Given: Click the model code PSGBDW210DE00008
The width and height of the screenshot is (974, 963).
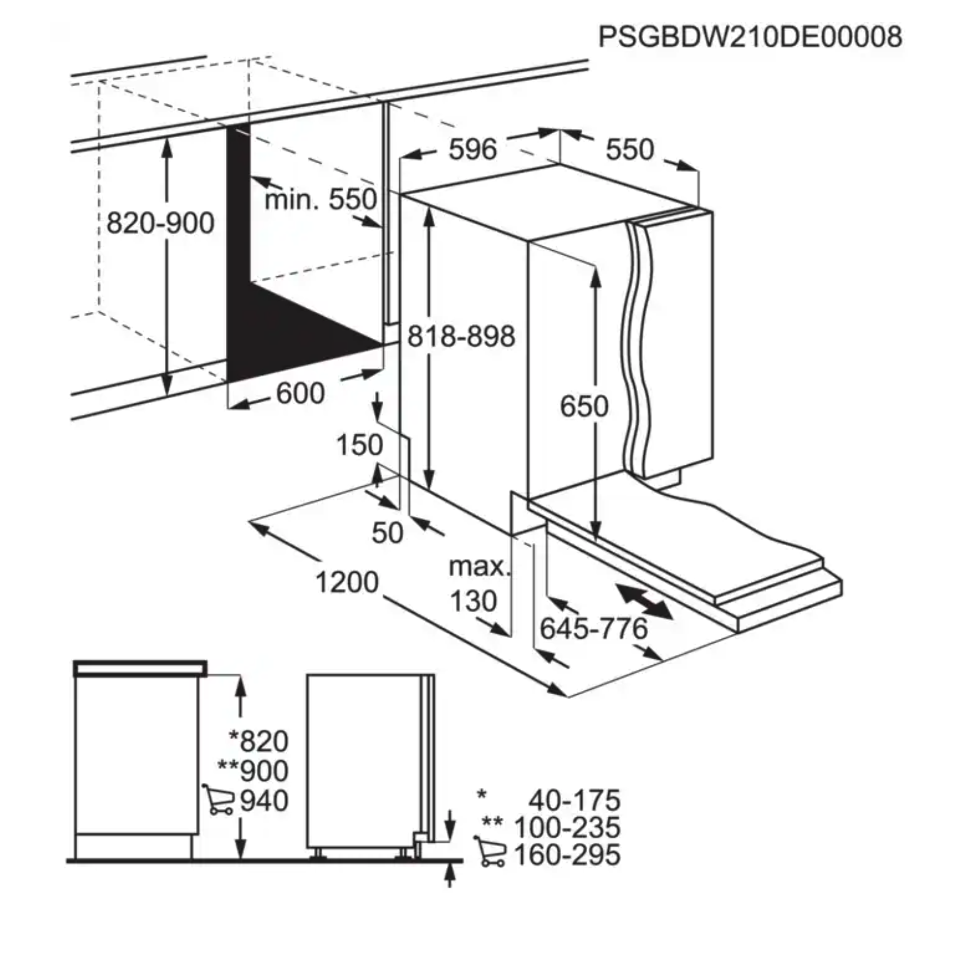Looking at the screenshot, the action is (x=750, y=37).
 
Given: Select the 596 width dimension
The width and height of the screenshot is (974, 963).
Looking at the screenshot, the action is (x=473, y=149).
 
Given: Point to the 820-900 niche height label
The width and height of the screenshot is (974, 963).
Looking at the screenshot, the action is (x=161, y=223).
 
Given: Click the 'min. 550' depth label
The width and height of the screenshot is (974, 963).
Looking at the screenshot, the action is (x=320, y=199).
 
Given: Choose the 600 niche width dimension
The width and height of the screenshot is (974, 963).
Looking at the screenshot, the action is (x=300, y=393).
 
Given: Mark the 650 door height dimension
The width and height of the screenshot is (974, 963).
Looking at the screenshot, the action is (x=584, y=406).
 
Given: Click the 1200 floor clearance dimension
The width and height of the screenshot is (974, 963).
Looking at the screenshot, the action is (x=347, y=582).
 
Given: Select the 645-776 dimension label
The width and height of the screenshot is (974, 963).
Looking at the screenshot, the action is (x=594, y=628).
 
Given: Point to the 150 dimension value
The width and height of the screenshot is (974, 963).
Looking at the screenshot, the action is (x=360, y=445).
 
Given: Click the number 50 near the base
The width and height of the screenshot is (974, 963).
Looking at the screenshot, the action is (x=387, y=533).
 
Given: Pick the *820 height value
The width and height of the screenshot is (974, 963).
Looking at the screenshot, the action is (x=258, y=740).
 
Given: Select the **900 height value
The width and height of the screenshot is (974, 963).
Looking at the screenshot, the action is (x=253, y=770).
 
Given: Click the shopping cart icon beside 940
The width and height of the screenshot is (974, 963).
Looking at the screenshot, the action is (x=218, y=799).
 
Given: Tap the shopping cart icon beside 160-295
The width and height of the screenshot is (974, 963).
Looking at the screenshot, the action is (x=490, y=851).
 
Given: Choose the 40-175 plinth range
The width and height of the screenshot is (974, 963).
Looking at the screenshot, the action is (x=575, y=800).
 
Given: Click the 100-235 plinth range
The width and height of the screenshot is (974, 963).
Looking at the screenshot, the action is (x=567, y=828).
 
